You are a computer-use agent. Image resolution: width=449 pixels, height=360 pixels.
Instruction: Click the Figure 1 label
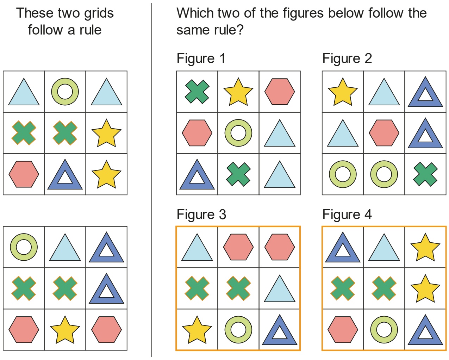coord(201,58)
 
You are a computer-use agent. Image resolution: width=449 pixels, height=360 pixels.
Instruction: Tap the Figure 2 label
coord(347,58)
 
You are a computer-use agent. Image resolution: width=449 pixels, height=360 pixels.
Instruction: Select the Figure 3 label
coord(201,215)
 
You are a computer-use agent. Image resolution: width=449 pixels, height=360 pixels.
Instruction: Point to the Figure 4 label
coord(347,215)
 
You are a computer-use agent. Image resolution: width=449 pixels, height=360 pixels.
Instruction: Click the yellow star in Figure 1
coord(238,92)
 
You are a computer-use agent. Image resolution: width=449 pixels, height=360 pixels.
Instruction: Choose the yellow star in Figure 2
coord(343,92)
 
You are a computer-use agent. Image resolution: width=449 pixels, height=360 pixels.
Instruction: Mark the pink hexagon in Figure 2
coord(384,133)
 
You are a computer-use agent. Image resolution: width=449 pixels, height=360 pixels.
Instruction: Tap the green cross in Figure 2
coord(425,174)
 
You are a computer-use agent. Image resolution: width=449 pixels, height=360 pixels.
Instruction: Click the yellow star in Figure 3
coord(197,330)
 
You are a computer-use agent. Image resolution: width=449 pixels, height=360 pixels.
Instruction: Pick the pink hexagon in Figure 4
coord(343,330)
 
